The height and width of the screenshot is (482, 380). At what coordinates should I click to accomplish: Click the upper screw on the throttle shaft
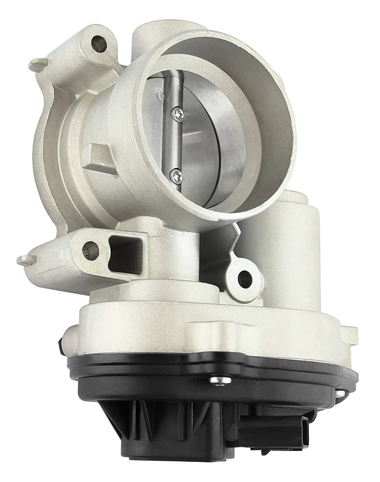click(x=178, y=113)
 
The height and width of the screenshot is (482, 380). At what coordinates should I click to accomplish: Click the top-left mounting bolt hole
click(x=99, y=44)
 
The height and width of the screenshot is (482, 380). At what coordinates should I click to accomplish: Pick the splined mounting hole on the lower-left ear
click(x=91, y=251)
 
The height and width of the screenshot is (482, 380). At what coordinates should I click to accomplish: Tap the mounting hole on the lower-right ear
click(x=245, y=279)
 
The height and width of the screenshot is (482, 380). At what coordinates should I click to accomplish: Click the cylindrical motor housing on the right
click(x=293, y=245)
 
